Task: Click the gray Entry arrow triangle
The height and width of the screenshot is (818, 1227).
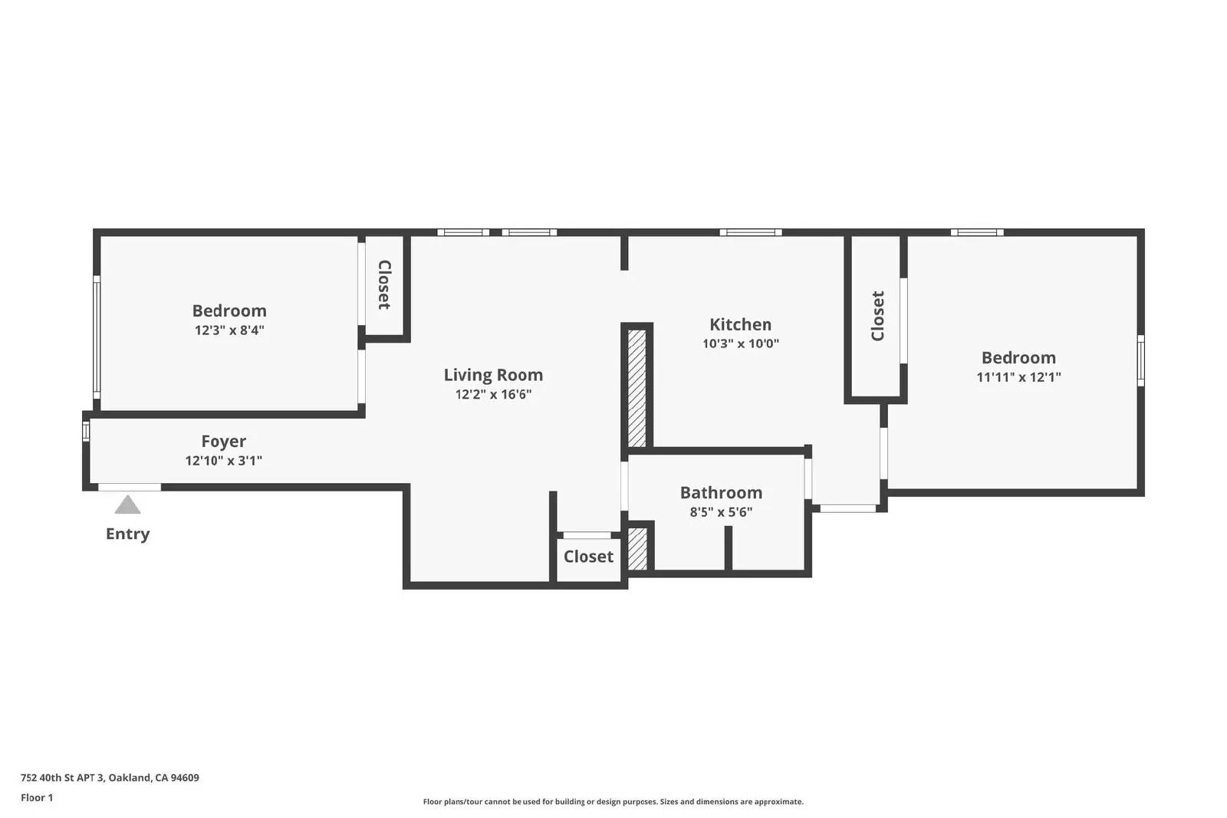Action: (127, 505)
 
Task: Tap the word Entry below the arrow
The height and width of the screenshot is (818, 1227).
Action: (127, 534)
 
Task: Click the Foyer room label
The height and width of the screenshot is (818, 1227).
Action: (223, 442)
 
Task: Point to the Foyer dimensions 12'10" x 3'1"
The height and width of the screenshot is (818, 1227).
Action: (223, 461)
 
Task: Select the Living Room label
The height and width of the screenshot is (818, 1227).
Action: (494, 375)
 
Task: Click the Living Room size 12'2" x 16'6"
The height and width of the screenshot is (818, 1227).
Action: (494, 394)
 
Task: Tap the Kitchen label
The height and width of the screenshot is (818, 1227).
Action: (741, 325)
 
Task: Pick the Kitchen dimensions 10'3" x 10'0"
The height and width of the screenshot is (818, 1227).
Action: (741, 343)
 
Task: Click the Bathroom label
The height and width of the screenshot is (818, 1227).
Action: (722, 493)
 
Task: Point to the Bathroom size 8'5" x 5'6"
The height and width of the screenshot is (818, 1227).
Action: (722, 512)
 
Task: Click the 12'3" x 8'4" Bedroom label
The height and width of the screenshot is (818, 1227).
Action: (229, 311)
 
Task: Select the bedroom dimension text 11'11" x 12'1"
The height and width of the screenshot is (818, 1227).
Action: (1019, 376)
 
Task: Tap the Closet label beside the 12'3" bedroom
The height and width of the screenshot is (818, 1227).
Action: (384, 284)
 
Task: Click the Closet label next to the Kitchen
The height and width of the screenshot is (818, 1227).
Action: (877, 316)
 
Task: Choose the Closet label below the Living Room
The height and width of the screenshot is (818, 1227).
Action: (589, 557)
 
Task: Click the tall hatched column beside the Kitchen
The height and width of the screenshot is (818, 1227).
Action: (637, 388)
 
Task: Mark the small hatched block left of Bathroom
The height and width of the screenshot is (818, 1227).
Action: (637, 549)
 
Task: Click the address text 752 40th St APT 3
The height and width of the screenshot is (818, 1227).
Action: (62, 777)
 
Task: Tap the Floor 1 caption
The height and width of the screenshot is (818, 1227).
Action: (38, 798)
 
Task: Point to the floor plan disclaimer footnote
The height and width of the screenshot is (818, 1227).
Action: (613, 802)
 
